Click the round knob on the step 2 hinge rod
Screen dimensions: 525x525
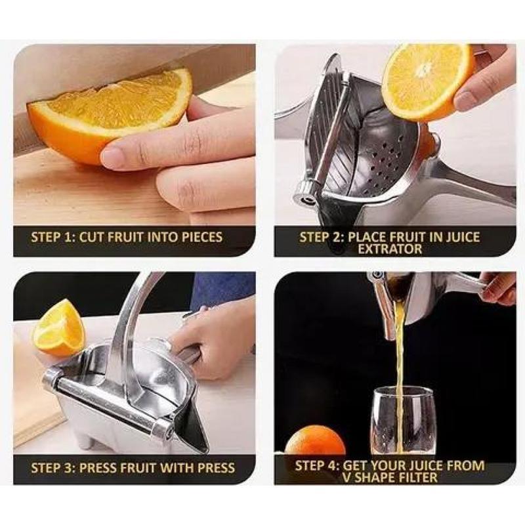[x=306, y=191]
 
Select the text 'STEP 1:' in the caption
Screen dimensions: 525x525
[x=52, y=237]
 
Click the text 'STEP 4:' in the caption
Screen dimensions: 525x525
[x=317, y=465]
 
